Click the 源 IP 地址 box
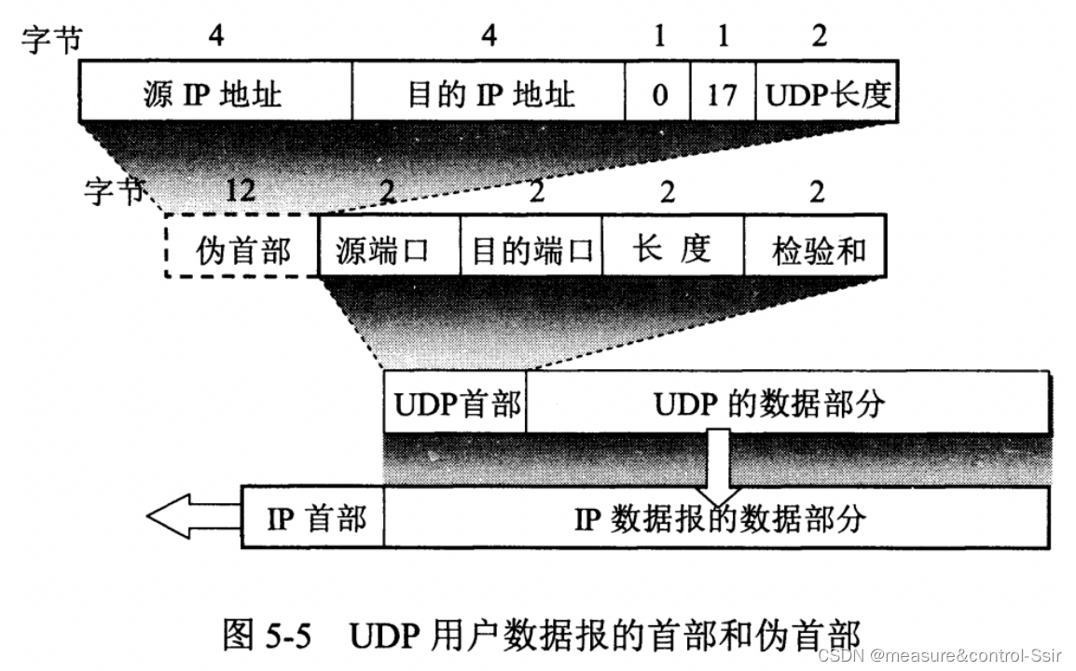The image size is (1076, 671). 215,92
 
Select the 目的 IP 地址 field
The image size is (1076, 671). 489,92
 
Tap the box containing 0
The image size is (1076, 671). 658,92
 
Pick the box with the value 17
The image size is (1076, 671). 722,92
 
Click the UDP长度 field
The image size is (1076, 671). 826,92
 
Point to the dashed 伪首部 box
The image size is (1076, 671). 242,248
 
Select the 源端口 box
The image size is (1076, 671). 390,248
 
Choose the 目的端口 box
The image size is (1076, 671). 531,248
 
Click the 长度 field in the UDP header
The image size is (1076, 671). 672,248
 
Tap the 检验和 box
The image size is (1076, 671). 816,248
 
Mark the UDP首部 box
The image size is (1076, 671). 455,403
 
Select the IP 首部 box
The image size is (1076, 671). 313,517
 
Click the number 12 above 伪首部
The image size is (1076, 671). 241,192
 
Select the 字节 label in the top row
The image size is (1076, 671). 51,38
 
